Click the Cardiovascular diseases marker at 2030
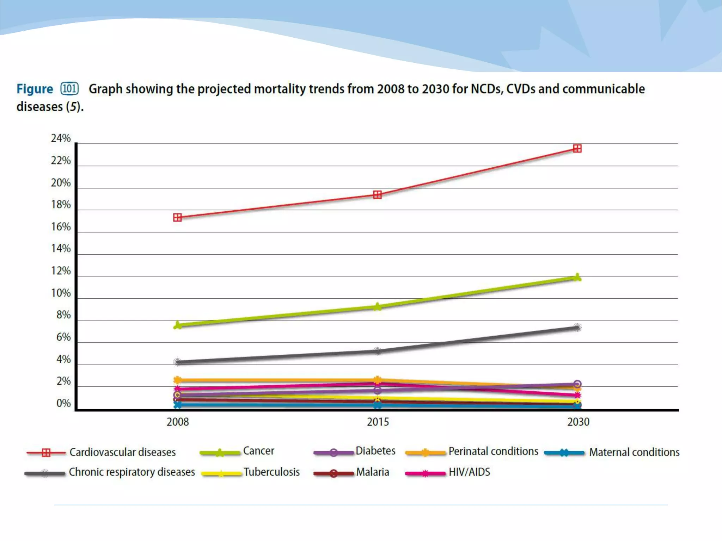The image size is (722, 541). (x=577, y=149)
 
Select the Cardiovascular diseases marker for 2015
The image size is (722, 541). (x=377, y=195)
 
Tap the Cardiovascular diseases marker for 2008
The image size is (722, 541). (x=178, y=218)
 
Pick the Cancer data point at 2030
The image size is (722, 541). (x=577, y=278)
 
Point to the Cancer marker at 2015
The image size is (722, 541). (x=377, y=307)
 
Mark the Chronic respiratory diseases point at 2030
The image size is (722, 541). (x=577, y=328)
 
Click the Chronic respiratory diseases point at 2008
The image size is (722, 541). (x=178, y=362)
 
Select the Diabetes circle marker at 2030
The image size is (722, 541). (x=577, y=384)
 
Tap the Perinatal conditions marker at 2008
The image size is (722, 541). (x=178, y=380)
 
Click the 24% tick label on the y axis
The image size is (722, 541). (x=61, y=138)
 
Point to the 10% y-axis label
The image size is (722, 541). (x=61, y=293)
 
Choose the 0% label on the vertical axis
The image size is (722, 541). (x=63, y=403)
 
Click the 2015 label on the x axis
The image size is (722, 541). (x=378, y=422)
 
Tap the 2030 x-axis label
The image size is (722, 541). (x=578, y=422)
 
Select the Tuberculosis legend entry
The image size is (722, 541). (x=271, y=472)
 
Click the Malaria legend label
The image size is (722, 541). (x=372, y=472)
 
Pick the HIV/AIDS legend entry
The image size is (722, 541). (x=469, y=472)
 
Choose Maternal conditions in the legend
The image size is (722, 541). (x=634, y=452)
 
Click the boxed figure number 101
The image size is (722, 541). (x=69, y=88)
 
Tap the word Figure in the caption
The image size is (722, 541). (x=35, y=89)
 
